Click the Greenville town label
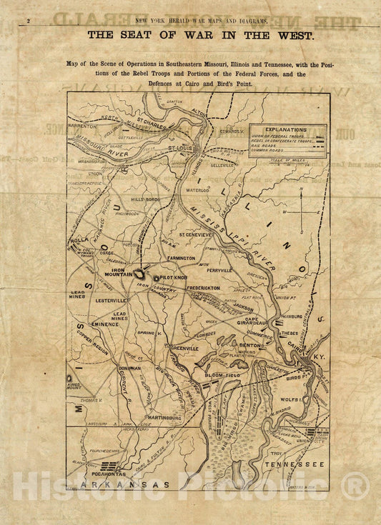coord(184,348)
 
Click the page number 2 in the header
coord(28,22)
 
